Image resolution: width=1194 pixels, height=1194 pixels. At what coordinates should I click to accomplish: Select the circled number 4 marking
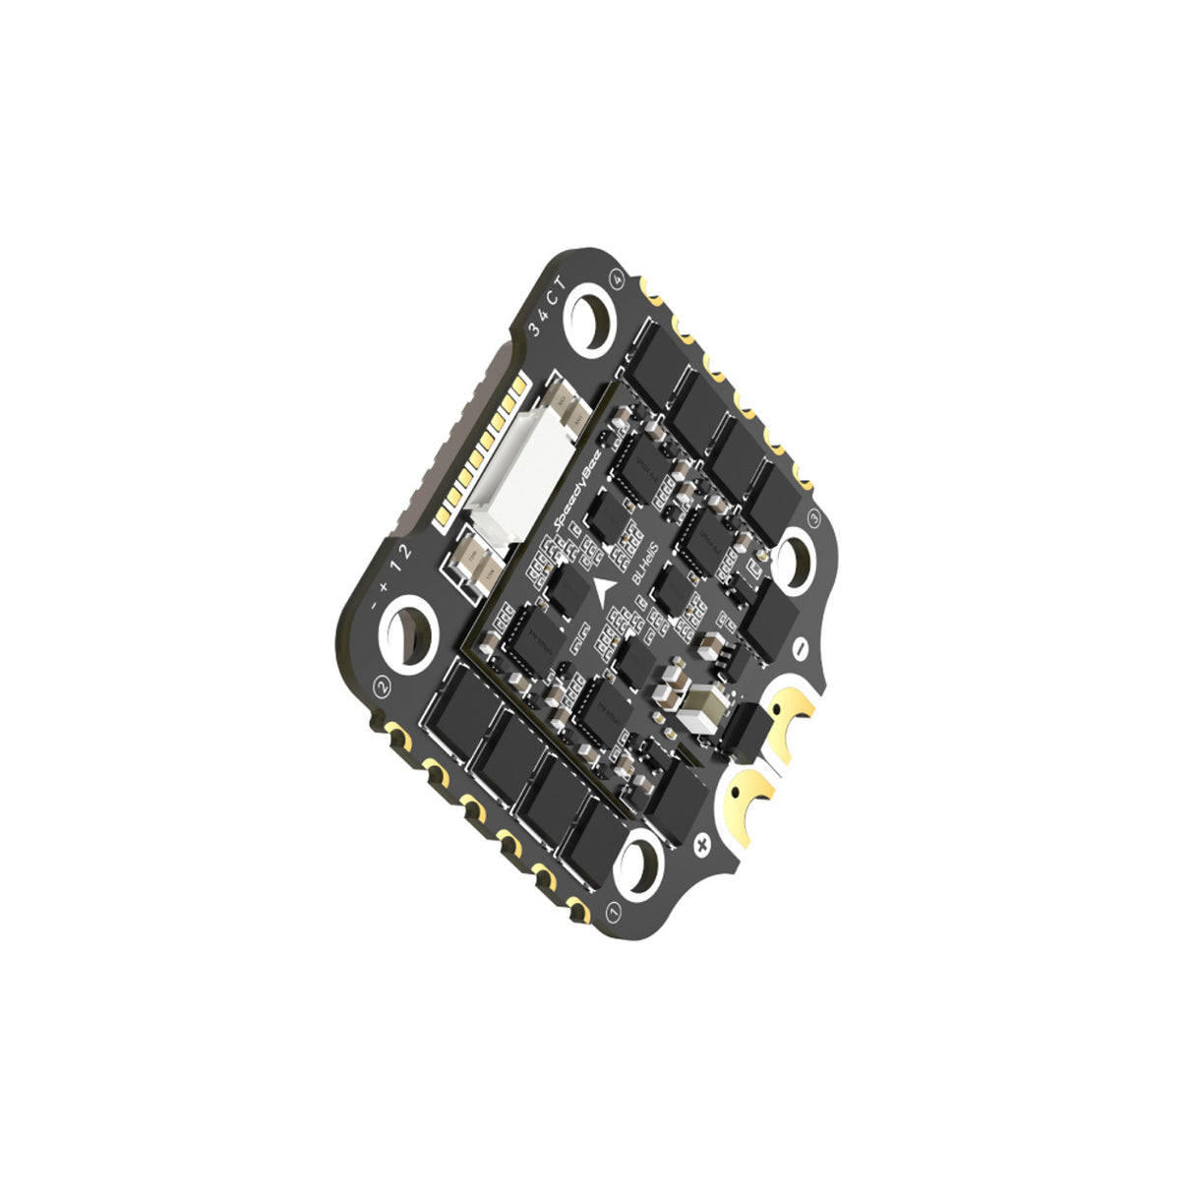[618, 278]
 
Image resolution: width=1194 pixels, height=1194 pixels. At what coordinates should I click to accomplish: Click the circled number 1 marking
[614, 913]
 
